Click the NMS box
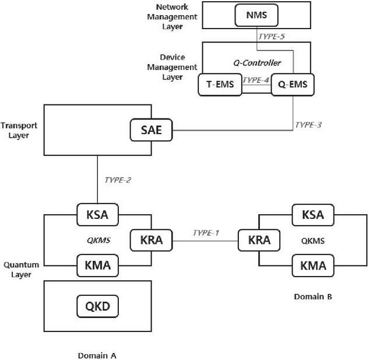point(256,15)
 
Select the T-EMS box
point(220,85)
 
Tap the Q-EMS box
point(293,85)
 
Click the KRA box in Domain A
point(150,240)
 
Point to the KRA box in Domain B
point(259,240)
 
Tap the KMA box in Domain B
point(312,266)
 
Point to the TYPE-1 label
point(206,233)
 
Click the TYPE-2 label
point(117,180)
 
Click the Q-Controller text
point(261,62)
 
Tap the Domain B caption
point(313,296)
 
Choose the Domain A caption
point(97,354)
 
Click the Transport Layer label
point(15,130)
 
